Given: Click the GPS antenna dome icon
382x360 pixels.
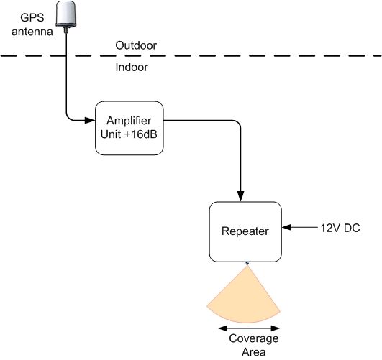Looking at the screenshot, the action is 66,14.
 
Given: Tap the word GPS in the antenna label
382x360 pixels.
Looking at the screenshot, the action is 32,17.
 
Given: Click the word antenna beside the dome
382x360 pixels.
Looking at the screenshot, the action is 32,32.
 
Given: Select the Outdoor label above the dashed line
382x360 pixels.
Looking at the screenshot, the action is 136,45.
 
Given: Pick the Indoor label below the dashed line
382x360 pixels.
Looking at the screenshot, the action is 132,67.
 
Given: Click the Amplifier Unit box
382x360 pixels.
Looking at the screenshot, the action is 129,128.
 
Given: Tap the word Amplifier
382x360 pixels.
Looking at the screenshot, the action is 129,121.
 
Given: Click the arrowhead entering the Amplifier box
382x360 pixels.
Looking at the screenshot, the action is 90,120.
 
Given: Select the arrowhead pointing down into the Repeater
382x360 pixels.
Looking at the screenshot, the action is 241,196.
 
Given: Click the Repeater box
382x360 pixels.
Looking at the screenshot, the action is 245,231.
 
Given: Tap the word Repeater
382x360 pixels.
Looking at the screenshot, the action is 245,231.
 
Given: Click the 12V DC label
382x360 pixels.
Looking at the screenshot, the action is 340,228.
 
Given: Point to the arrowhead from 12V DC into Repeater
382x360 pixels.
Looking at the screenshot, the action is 287,227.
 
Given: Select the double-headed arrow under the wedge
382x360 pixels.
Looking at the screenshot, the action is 249,328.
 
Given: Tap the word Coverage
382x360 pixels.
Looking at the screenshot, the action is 254,339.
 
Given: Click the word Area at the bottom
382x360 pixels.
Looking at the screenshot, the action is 254,352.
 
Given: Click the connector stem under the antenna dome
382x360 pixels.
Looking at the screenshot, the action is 65,29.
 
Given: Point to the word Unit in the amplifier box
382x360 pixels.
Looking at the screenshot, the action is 111,134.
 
